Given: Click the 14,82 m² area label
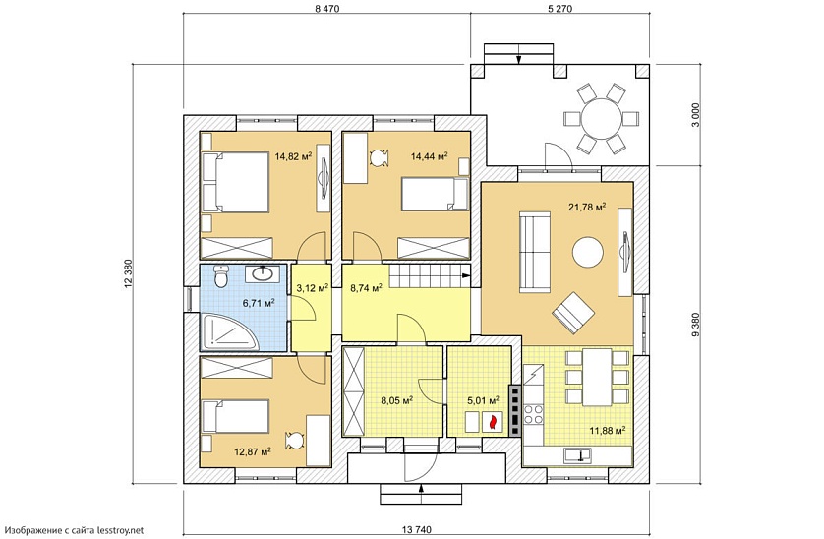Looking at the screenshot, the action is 293,156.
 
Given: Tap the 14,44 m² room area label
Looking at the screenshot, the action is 430,156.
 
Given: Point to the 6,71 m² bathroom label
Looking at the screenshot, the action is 258,303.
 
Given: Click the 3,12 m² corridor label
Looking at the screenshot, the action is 313,287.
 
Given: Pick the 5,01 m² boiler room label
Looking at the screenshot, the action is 484,400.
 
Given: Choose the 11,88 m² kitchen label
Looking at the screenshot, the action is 607,431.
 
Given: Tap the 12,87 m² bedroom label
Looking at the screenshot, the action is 253,451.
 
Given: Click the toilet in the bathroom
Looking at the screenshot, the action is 221,276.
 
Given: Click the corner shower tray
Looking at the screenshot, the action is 228,331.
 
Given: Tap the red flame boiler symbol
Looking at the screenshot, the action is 493,421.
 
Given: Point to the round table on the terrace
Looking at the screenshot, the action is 601,118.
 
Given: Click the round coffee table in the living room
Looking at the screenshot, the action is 588,252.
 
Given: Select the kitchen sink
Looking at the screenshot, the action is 577,454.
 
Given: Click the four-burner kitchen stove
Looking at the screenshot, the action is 534,413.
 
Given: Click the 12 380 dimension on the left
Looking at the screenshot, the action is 127,274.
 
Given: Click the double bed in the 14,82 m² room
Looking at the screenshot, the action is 235,183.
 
